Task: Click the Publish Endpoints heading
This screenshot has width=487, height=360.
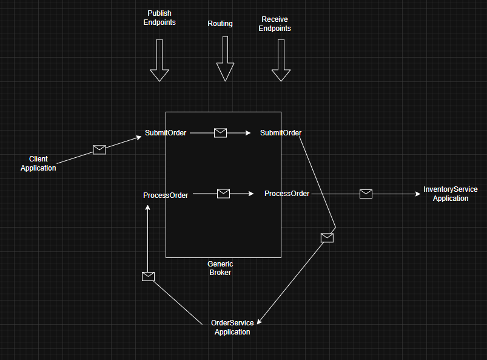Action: click(160, 18)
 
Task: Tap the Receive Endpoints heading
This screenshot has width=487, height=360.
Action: click(276, 24)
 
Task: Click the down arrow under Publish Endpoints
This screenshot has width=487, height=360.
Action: click(160, 60)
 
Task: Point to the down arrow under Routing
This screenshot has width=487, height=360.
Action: click(225, 58)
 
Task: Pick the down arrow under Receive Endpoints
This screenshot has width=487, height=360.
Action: click(281, 60)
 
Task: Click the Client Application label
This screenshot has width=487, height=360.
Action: click(38, 163)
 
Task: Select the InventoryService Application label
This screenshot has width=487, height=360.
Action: click(450, 194)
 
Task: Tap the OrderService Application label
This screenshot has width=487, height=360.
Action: click(232, 327)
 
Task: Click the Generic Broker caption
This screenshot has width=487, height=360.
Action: click(220, 268)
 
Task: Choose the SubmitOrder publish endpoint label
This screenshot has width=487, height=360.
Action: click(166, 133)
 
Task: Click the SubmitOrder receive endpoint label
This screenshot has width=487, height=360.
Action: click(281, 133)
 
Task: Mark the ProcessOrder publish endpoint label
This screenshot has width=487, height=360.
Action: click(166, 195)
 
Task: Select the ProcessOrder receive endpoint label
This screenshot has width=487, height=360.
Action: click(287, 194)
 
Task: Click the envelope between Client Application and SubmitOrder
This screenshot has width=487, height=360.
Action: click(99, 149)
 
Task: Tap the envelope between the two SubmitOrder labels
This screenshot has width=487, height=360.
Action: click(220, 133)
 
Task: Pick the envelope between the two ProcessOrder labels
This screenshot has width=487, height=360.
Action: click(223, 194)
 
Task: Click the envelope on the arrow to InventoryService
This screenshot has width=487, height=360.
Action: click(366, 194)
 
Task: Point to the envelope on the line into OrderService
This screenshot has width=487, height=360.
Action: click(327, 237)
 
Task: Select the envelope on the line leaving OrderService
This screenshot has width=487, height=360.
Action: click(148, 276)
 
